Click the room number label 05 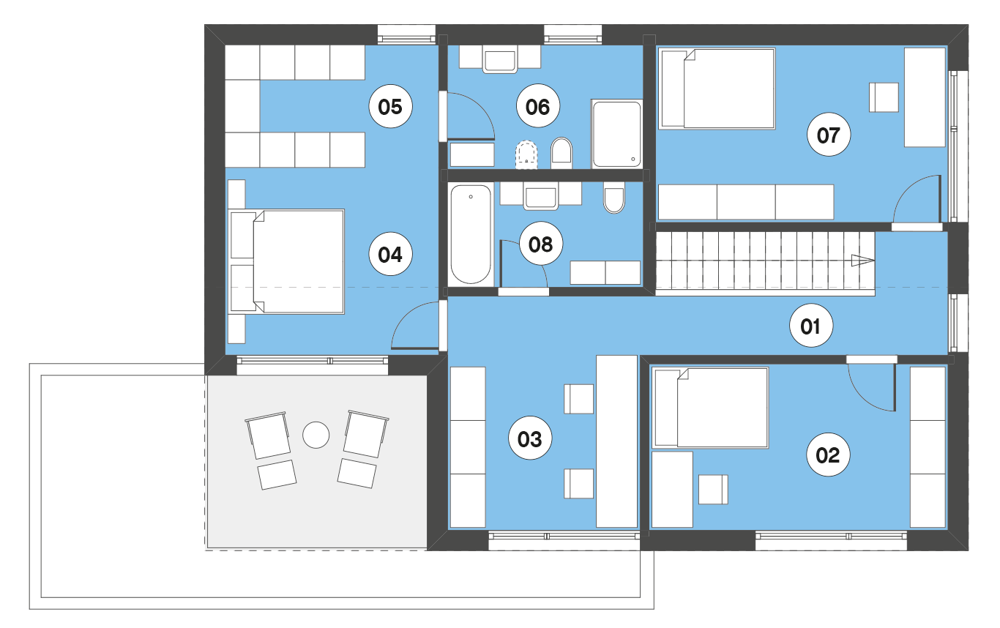point(390,107)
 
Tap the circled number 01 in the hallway point(810,326)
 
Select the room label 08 point(540,244)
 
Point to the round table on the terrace point(316,435)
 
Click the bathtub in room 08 point(471,234)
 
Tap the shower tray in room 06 point(617,134)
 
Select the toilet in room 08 point(614,200)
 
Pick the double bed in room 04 point(286,261)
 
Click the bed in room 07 point(717,89)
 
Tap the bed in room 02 point(710,408)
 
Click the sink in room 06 point(500,61)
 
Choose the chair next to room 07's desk point(884,97)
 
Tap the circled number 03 point(530,438)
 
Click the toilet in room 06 point(561,153)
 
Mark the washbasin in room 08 point(540,198)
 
